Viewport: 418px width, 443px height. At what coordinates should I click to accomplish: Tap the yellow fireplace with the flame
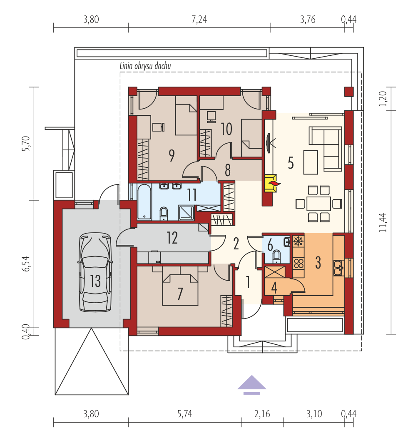point(271,183)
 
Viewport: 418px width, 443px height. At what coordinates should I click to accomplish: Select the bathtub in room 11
point(144,202)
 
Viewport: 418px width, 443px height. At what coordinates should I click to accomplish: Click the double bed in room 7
point(180,286)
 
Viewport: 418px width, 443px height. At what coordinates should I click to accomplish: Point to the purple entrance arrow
point(251,385)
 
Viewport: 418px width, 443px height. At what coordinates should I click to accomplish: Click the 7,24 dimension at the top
point(199,20)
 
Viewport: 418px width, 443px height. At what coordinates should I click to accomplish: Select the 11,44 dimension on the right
point(383,222)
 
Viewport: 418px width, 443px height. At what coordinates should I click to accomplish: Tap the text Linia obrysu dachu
point(145,66)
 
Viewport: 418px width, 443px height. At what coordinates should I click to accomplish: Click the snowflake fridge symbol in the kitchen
point(298,241)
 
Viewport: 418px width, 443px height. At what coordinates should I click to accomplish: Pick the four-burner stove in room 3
point(299,264)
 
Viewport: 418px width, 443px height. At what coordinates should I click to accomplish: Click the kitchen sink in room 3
point(338,268)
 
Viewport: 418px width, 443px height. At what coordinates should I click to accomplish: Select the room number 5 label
point(291,163)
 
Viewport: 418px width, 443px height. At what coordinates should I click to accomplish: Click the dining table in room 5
point(318,204)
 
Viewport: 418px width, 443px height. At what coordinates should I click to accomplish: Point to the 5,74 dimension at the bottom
point(185,414)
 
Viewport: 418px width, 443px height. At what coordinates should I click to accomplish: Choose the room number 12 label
point(172,238)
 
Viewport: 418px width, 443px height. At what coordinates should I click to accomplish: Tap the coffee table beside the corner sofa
point(311,162)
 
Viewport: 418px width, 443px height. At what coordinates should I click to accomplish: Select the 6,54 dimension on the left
point(26,264)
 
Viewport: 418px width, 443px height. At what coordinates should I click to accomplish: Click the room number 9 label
point(172,155)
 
